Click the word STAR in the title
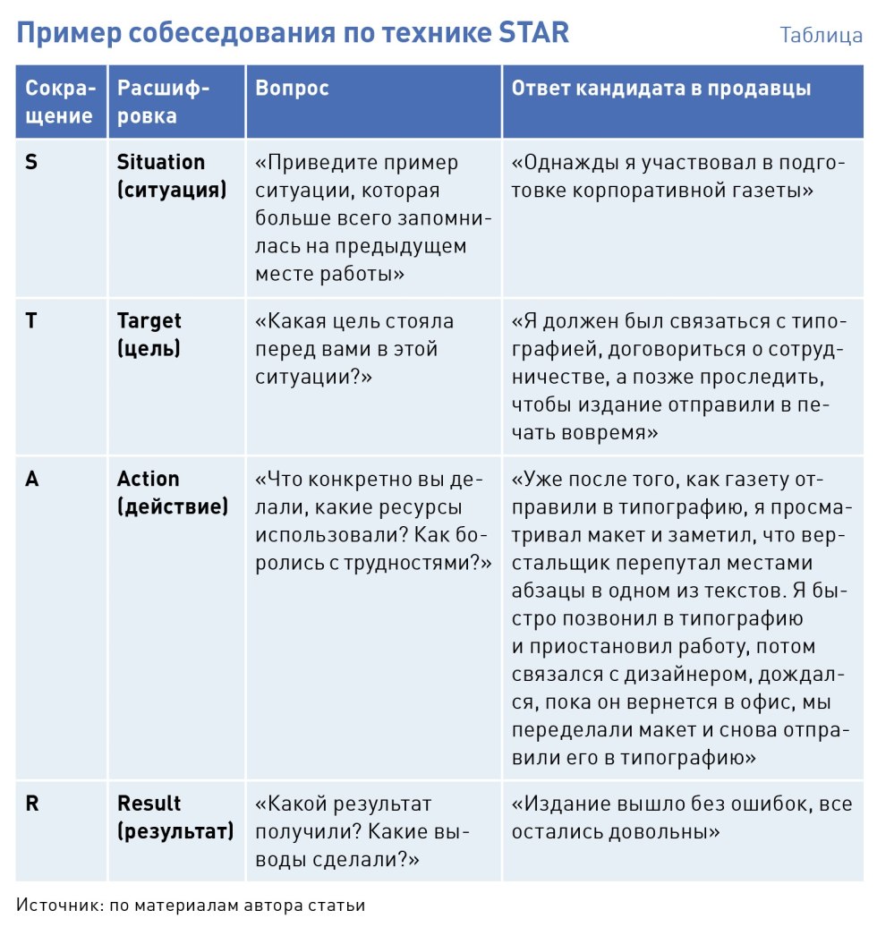(x=534, y=34)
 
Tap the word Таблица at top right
(x=821, y=36)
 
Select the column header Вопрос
(x=292, y=88)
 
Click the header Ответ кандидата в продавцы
(x=661, y=88)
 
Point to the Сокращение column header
(x=59, y=102)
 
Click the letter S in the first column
(x=31, y=163)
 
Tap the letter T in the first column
(x=31, y=321)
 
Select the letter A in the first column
(x=32, y=480)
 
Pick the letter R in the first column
(x=32, y=804)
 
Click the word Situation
(x=161, y=163)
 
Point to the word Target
(x=149, y=321)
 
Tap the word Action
(x=149, y=480)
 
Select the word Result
(x=149, y=804)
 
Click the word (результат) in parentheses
(x=175, y=831)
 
